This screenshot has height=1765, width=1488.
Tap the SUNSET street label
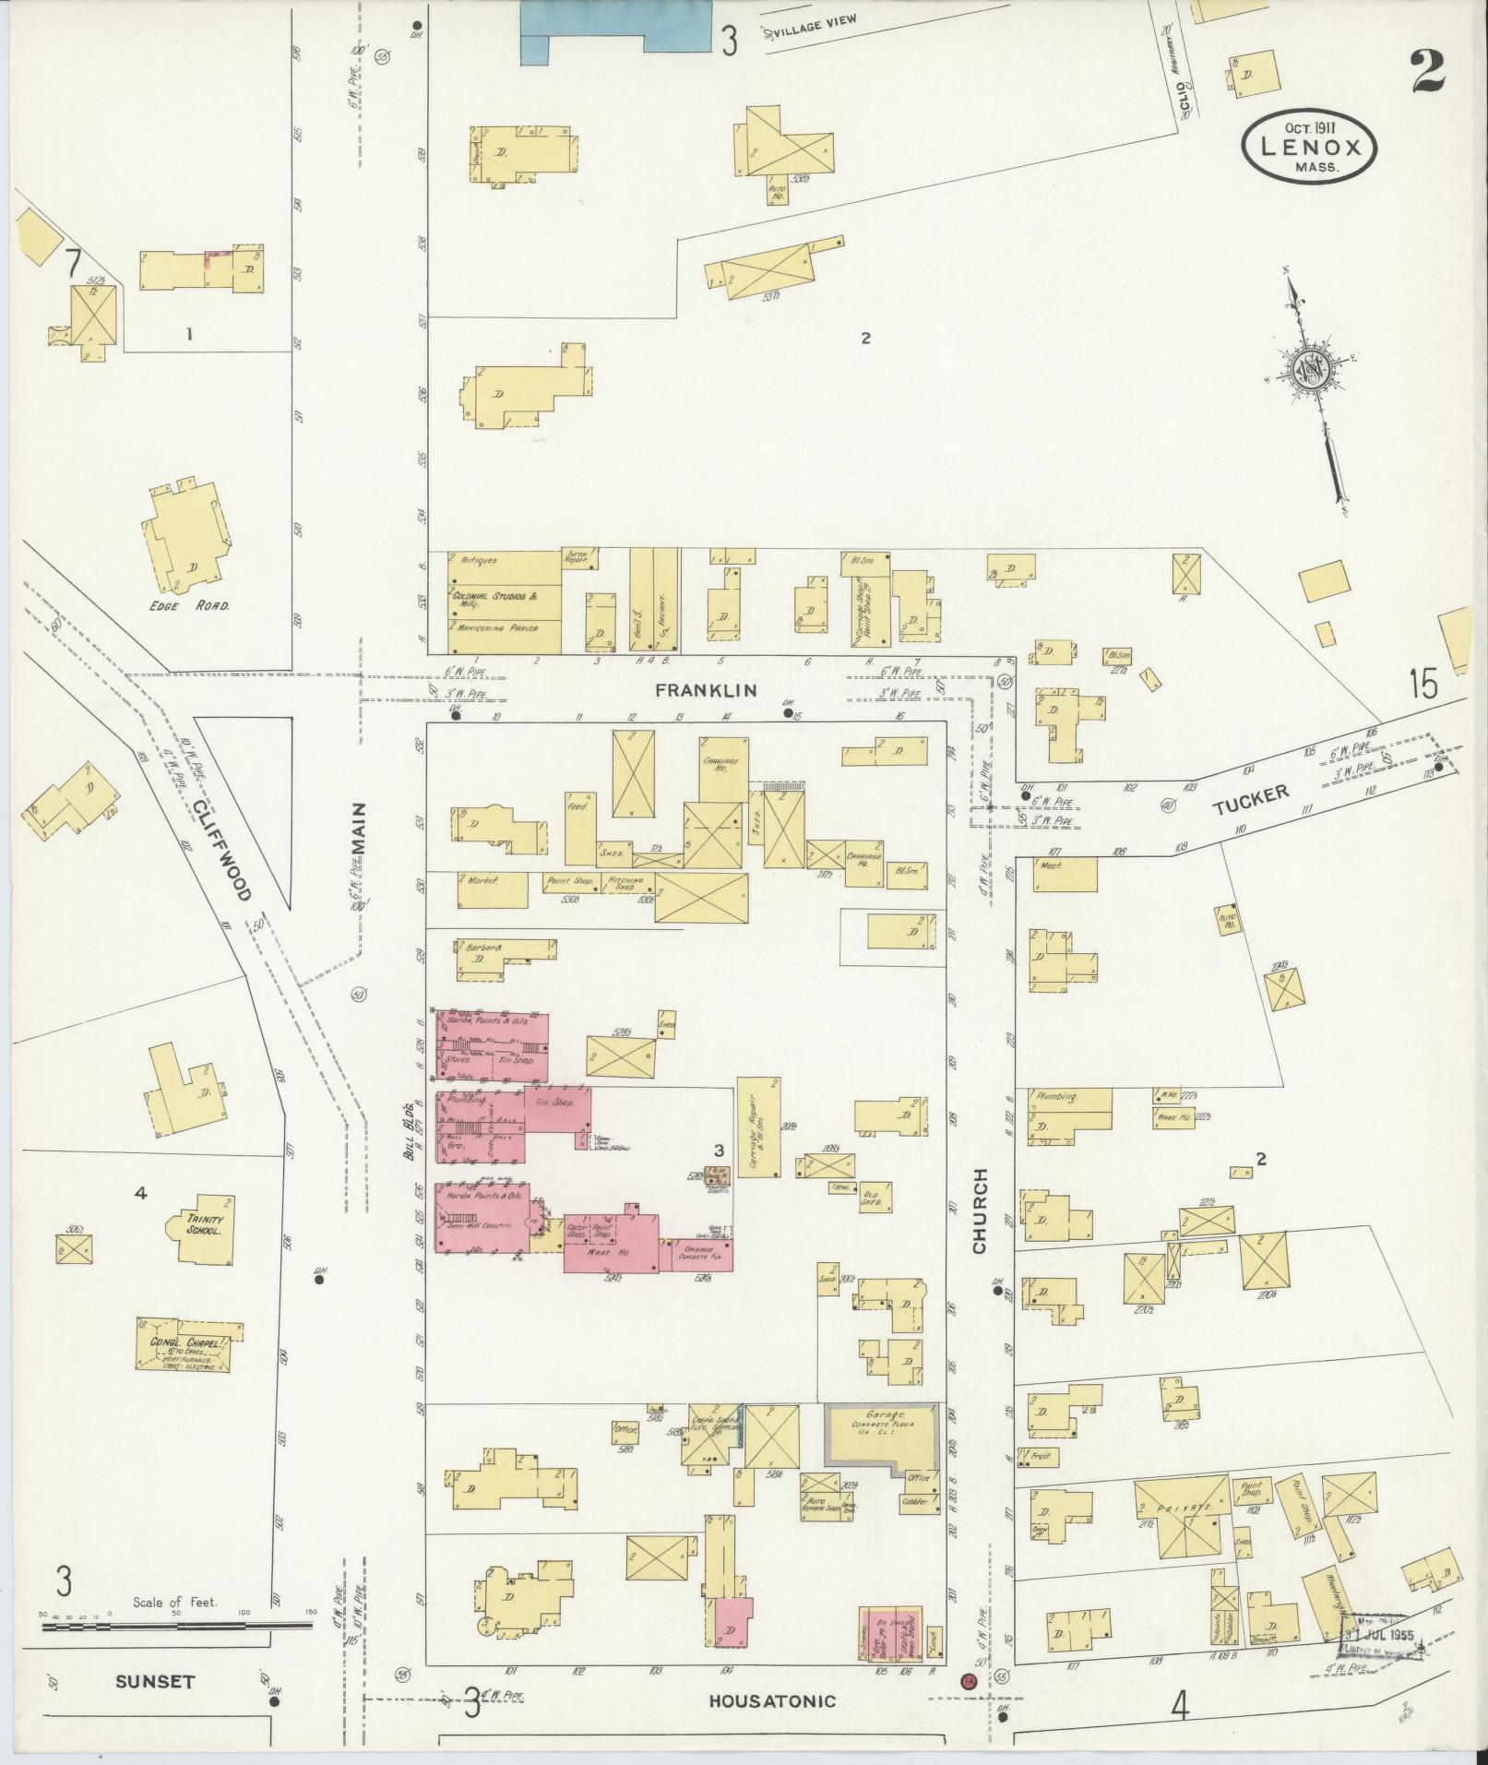tap(155, 1681)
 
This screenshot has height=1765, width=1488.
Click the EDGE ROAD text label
tap(195, 606)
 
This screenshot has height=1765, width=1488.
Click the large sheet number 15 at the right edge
tap(1423, 685)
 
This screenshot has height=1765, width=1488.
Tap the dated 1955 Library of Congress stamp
tap(1378, 1634)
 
